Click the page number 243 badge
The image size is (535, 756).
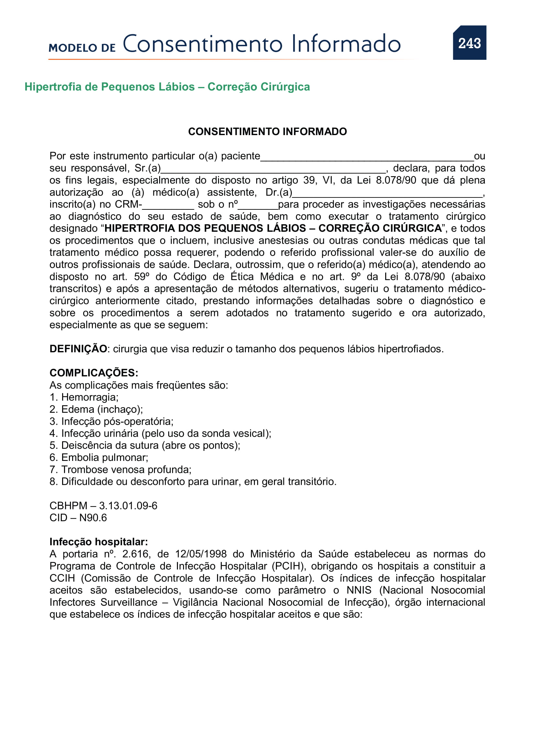(469, 43)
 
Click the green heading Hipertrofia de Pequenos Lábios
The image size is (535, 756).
(167, 87)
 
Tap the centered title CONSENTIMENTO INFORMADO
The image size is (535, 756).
(267, 131)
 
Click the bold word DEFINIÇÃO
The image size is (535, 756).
(78, 349)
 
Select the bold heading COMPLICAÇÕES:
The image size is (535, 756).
(94, 373)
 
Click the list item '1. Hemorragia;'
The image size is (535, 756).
(84, 397)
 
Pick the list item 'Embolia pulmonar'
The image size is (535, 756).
(104, 457)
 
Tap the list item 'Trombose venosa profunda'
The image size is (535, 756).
(126, 470)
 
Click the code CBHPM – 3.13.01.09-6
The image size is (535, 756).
(104, 506)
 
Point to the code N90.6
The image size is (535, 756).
(93, 518)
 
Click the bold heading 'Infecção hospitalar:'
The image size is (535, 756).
(99, 542)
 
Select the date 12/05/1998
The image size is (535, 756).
(201, 554)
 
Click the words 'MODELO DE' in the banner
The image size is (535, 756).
(82, 48)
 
